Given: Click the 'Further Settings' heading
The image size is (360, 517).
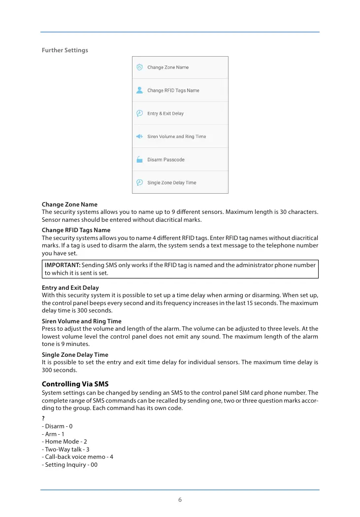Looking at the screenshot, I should point(65,50).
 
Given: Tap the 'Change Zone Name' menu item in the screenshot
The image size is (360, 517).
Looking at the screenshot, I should point(168,68).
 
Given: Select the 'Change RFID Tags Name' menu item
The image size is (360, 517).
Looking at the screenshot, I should point(173,91).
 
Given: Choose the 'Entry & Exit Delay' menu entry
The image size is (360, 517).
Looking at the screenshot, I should point(165,114).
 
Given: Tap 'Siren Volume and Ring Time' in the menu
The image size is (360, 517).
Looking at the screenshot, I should point(177,137).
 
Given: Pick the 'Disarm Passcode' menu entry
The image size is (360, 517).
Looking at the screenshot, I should point(166,160).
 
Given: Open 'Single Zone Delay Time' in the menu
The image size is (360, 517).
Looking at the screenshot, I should point(172,183).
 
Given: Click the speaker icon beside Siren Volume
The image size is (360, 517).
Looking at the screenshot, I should point(139,137).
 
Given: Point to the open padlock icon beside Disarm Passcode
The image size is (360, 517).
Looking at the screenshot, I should point(139,160).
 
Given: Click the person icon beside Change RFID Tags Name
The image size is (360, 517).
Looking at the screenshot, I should point(139,91).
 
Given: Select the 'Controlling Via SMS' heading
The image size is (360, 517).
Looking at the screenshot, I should point(74,384).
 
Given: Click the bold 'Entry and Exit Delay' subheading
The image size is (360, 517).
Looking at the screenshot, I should point(70,288).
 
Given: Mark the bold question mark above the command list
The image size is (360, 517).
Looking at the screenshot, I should point(43,418).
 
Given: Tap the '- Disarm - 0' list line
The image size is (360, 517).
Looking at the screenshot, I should point(58,426).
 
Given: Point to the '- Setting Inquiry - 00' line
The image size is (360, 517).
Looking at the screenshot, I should point(70,465).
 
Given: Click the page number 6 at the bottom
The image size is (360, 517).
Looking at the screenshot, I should point(180,500).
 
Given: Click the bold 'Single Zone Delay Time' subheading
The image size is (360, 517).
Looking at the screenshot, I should point(75,355).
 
